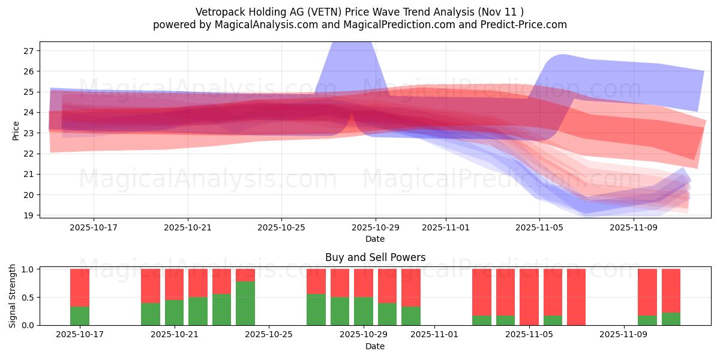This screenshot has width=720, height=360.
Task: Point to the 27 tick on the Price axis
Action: [x=28, y=51]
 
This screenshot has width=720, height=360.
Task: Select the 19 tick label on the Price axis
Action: [x=28, y=215]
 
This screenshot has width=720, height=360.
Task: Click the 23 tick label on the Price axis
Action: [x=28, y=133]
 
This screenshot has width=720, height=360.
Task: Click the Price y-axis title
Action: [x=16, y=130]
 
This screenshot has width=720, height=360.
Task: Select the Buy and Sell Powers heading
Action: [x=375, y=257]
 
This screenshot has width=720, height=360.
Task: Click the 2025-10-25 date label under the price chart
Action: [x=281, y=228]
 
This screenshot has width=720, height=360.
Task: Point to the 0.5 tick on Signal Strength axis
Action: [x=27, y=298]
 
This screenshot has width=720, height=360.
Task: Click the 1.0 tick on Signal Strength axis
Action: [x=27, y=269]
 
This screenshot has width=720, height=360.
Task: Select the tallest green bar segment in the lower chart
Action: [x=245, y=303]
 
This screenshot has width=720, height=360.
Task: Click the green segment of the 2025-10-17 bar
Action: [x=80, y=316]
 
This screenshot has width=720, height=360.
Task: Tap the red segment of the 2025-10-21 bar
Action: [x=174, y=284]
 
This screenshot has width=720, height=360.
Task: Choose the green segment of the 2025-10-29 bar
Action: [x=364, y=311]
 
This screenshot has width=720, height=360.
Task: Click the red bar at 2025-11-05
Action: [x=529, y=296]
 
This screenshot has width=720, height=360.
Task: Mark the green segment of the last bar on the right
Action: [x=671, y=319]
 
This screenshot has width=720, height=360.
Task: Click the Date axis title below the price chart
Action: [x=375, y=239]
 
